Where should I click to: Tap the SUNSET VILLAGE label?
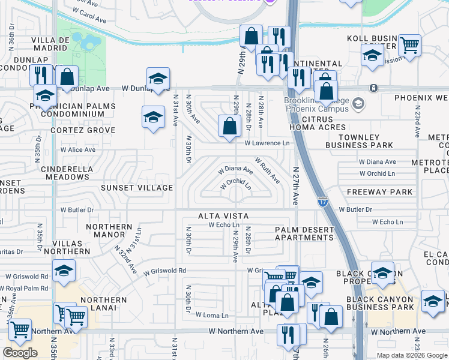pos(137,188)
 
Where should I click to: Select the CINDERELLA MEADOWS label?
pos(65,173)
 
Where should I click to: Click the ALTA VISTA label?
pos(223,215)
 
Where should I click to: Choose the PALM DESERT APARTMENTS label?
pos(304,233)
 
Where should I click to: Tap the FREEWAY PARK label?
pos(380,192)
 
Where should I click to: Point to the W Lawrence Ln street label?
pos(267,143)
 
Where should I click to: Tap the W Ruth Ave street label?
pos(267,170)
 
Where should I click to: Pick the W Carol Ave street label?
pos(89,11)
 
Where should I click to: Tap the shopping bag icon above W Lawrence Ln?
pos(229,127)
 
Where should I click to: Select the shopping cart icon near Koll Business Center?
pos(409,45)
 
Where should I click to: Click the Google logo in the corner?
pos(20,352)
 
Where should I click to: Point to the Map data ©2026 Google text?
pos(411,355)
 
